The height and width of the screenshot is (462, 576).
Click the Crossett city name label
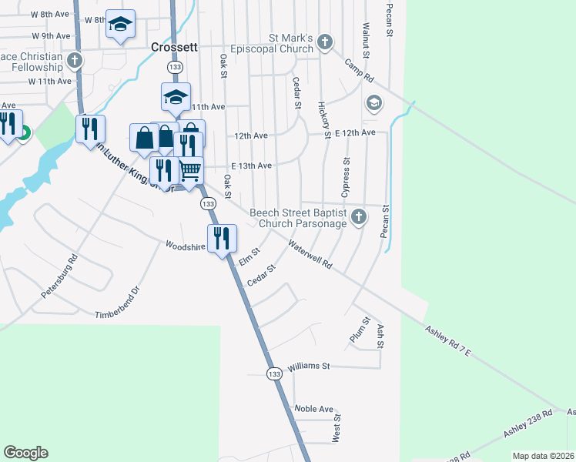click(x=175, y=46)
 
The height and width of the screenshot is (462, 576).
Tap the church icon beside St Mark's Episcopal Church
click(x=324, y=42)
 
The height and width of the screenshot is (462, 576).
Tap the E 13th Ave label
click(x=251, y=166)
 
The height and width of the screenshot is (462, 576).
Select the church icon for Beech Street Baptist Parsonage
click(x=358, y=218)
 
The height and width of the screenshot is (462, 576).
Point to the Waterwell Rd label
click(x=310, y=254)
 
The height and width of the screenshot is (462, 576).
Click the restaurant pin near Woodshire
click(x=222, y=239)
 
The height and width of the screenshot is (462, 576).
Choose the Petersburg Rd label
click(x=60, y=276)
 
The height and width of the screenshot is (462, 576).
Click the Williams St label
click(x=309, y=366)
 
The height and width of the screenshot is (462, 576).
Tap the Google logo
click(x=25, y=453)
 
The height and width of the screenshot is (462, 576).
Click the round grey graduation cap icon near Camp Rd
click(x=373, y=102)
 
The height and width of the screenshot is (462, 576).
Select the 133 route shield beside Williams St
click(x=274, y=373)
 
